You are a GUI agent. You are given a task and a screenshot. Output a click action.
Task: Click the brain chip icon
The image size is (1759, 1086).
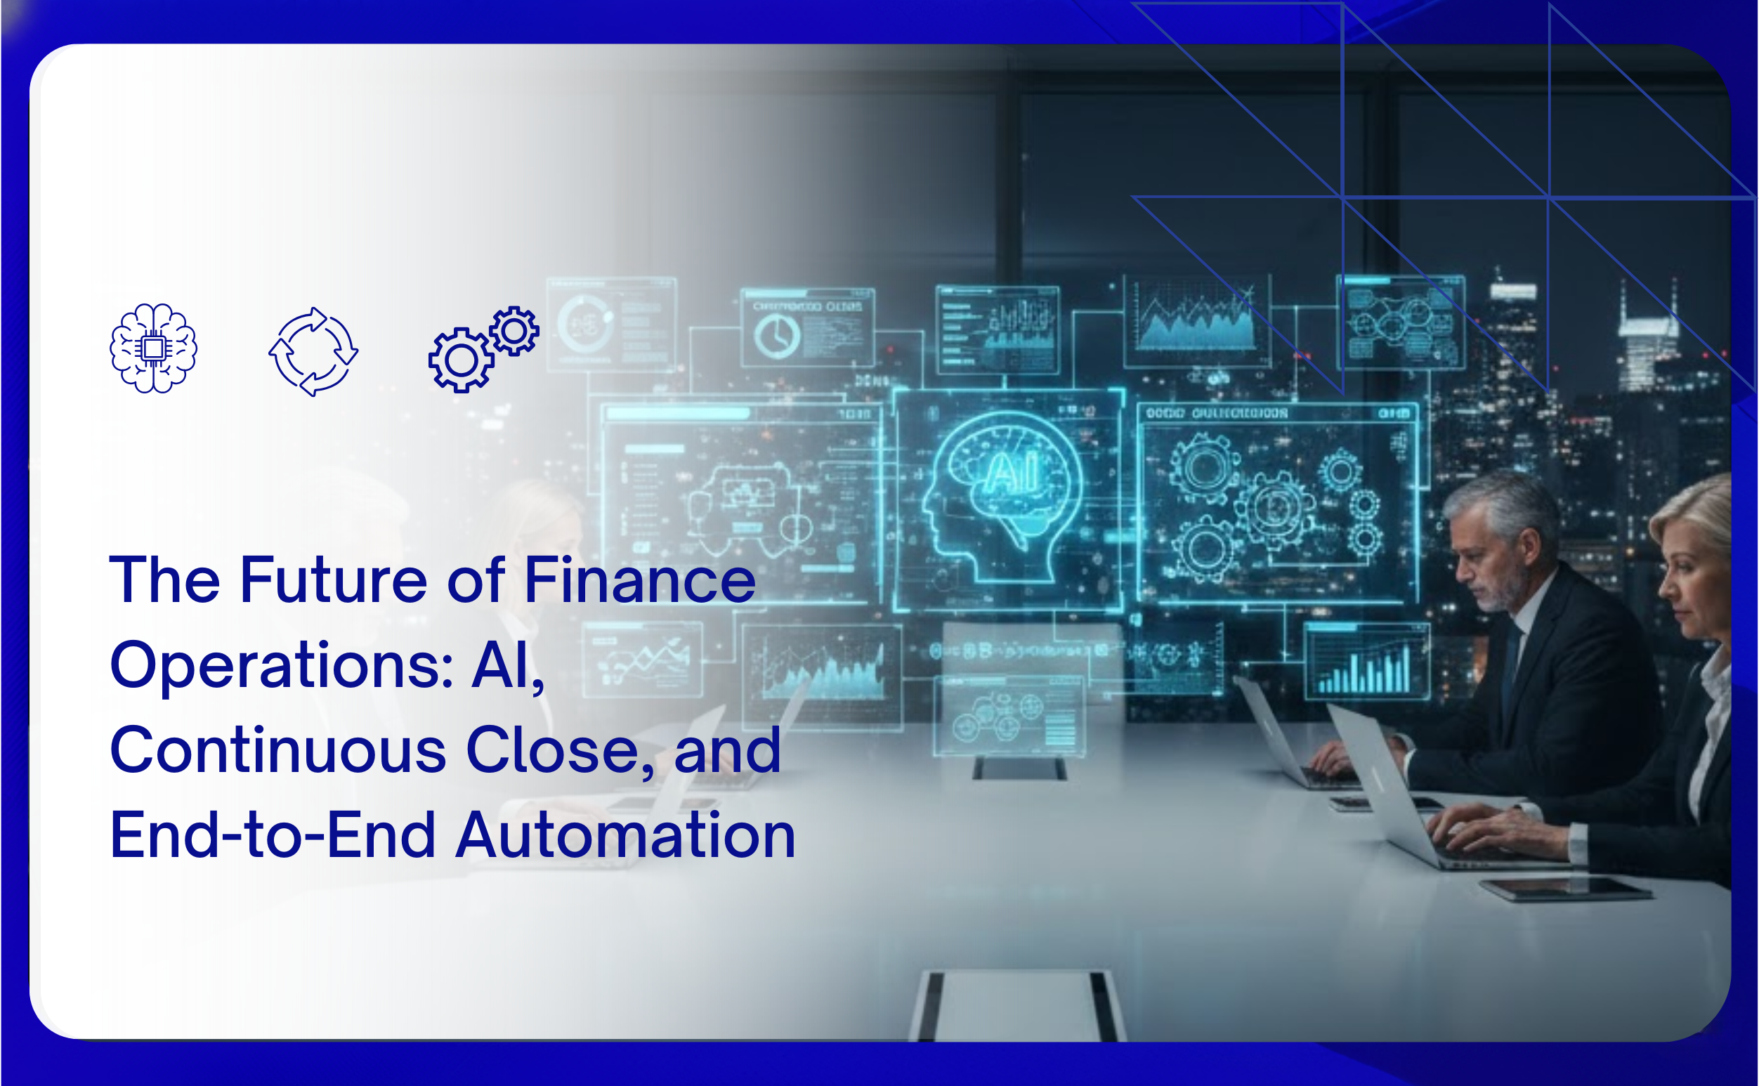coord(153,348)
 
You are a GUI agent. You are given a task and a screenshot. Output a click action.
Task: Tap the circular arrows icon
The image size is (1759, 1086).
coord(313,351)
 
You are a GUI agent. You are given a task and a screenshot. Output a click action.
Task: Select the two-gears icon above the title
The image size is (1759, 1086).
coord(483,349)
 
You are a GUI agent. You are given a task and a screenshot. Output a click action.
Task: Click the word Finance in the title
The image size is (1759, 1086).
coord(639,580)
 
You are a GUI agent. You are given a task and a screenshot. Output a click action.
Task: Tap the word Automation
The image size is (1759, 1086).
coord(626,835)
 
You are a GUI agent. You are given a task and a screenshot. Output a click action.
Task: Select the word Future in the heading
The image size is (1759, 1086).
coord(333,580)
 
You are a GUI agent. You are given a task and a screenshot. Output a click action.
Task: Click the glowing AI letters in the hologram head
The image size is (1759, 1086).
coord(1012,473)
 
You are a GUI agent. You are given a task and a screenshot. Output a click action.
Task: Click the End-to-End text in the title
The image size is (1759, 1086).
coord(273,835)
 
